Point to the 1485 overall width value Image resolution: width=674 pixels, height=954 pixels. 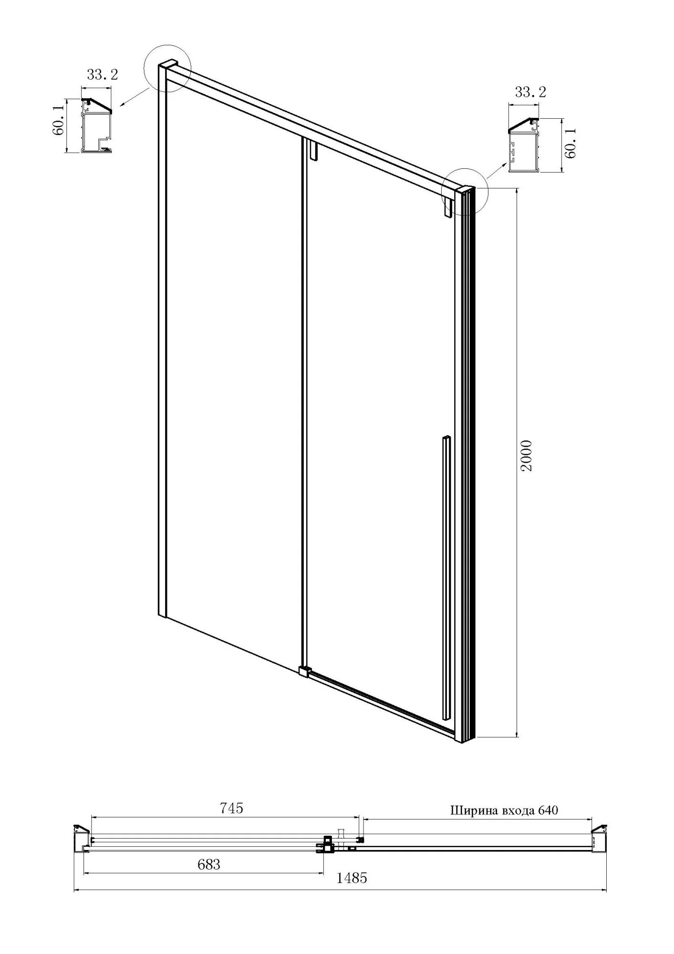(x=352, y=878)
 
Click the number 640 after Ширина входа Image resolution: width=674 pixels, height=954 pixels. (x=548, y=810)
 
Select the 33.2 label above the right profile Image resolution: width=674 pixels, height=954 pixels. (x=530, y=92)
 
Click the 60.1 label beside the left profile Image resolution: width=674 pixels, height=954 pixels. (x=59, y=125)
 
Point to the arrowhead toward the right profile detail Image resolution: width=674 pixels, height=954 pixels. (x=505, y=165)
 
